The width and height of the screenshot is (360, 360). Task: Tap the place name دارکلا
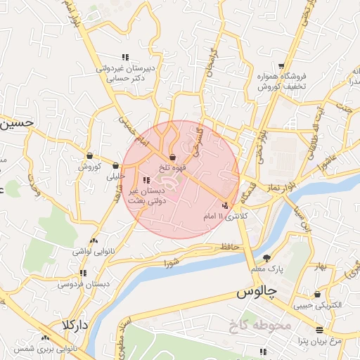tap(74, 326)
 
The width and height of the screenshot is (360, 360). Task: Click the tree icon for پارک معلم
tap(266, 257)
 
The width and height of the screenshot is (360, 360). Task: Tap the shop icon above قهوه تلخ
tap(172, 157)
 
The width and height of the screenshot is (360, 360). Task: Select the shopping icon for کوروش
tap(89, 156)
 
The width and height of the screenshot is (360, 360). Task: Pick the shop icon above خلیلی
tap(115, 166)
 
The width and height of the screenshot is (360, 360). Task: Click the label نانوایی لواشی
tap(93, 250)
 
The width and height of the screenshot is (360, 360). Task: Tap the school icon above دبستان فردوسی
tap(83, 273)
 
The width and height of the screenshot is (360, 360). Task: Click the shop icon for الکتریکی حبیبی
tap(318, 294)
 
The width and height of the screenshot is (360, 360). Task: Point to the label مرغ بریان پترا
tap(321, 340)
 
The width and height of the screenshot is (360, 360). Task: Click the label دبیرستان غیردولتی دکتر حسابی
tap(129, 74)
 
